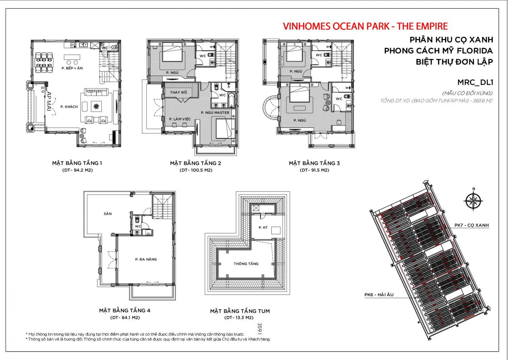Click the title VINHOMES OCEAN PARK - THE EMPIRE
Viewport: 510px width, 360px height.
(x=365, y=26)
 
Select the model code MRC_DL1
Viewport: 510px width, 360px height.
(x=476, y=82)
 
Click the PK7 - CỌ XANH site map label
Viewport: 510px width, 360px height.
(x=471, y=225)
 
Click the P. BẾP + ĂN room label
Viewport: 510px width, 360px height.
(x=72, y=68)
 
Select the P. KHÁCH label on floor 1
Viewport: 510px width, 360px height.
(x=68, y=107)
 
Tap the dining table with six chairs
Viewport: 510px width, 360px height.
(x=44, y=60)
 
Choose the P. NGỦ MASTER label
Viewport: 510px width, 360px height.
(x=215, y=113)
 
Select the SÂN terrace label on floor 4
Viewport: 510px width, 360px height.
(x=108, y=214)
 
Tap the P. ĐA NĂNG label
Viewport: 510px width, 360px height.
(x=146, y=259)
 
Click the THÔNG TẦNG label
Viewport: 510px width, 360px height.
(x=246, y=264)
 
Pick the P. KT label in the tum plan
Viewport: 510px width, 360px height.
(x=263, y=227)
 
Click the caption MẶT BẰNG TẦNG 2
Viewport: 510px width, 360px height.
(x=195, y=163)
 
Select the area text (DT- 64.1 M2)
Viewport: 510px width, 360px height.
(x=125, y=318)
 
